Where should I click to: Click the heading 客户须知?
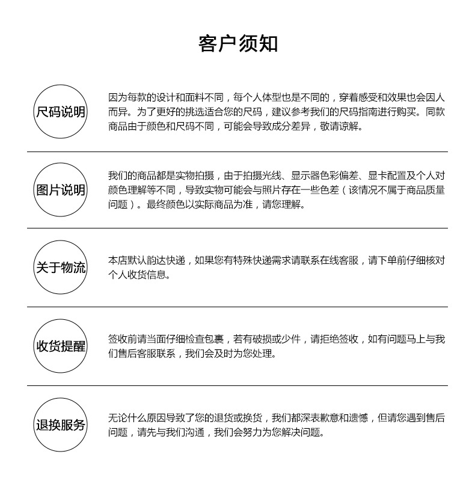tap(237, 44)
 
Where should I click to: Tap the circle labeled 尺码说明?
tap(61, 112)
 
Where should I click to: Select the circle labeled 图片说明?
tap(61, 190)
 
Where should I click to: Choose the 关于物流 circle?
tap(61, 268)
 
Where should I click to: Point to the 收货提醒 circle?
tap(61, 346)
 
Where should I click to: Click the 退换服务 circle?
tap(61, 425)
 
